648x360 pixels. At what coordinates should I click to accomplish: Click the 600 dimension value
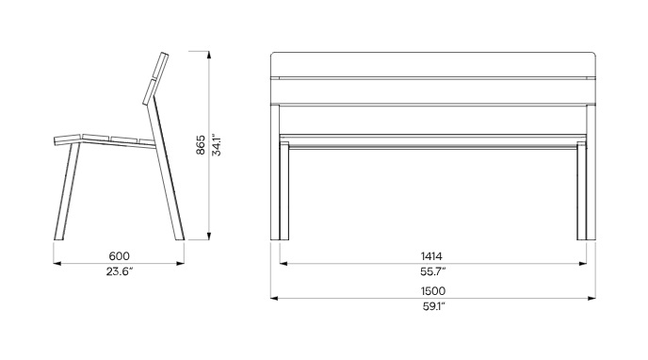coord(119,256)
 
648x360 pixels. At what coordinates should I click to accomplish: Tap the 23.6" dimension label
coord(120,271)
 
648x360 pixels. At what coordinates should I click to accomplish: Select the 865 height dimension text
coord(201,145)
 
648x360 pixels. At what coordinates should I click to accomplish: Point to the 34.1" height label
coord(216,145)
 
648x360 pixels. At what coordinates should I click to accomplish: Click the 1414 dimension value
coord(431,256)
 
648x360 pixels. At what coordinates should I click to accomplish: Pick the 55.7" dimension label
coord(432,271)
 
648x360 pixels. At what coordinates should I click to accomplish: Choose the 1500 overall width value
coord(433,291)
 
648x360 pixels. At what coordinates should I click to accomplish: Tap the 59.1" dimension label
coord(432,306)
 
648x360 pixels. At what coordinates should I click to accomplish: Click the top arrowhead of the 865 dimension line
coord(209,55)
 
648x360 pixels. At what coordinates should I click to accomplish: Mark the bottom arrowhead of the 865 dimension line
coord(209,236)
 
